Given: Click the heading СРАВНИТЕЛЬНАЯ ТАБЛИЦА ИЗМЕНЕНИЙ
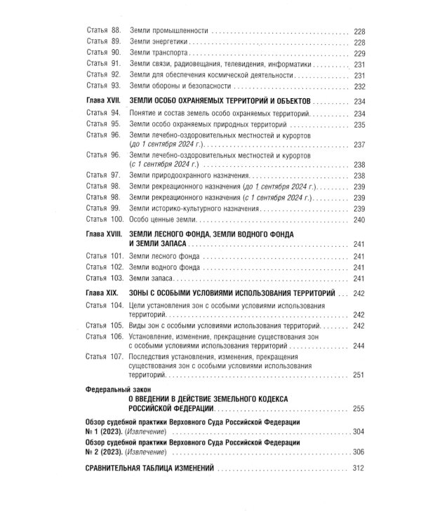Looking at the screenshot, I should tap(148, 468).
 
